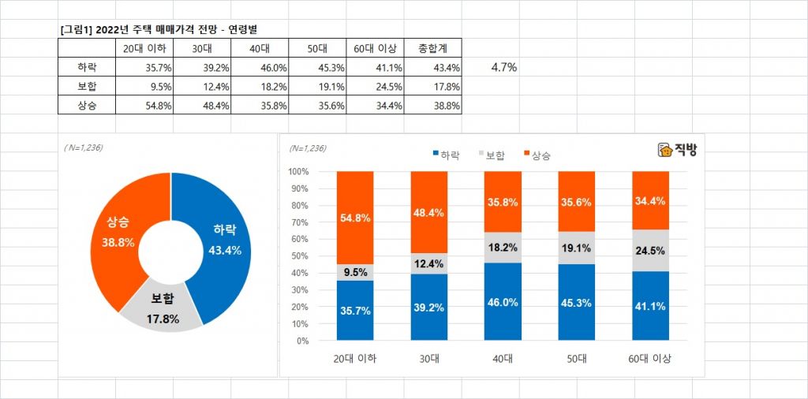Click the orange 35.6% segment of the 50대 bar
click(577, 201)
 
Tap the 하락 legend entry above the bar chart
click(447, 155)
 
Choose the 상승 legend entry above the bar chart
click(537, 155)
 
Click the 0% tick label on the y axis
click(302, 341)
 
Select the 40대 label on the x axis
click(503, 359)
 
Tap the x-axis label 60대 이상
click(651, 359)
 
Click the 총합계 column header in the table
click(432, 48)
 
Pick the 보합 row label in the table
click(88, 86)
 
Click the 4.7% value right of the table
click(503, 67)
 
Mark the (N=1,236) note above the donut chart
click(83, 147)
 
